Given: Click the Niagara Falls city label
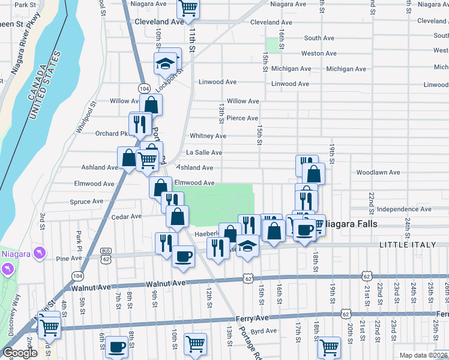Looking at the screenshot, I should click(352, 224).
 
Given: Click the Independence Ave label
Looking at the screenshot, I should click(400, 209).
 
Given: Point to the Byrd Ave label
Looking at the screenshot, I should click(264, 331).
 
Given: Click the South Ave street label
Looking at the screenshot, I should click(319, 38).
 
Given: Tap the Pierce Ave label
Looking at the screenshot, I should click(242, 118).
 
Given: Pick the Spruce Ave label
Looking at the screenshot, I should click(88, 202).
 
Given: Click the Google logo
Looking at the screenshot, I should click(20, 353).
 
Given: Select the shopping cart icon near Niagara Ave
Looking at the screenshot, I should click(188, 8).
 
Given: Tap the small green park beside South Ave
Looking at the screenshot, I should click(274, 45).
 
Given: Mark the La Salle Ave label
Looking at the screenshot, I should click(204, 153).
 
